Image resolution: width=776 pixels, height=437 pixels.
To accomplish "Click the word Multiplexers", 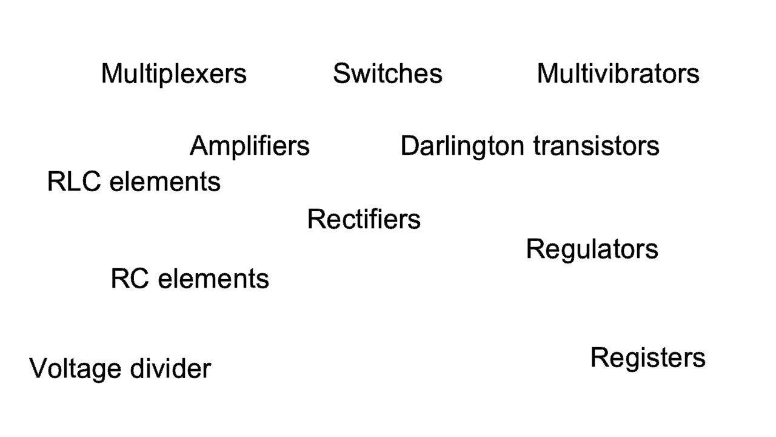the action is [174, 74].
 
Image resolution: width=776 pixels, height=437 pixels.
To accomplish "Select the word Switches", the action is [387, 73].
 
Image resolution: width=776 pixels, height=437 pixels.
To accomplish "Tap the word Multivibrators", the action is [618, 73].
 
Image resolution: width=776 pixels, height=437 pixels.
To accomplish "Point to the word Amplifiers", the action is [250, 146].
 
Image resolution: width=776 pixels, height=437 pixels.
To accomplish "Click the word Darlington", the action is [462, 146].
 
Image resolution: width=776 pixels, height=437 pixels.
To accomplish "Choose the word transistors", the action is [597, 146].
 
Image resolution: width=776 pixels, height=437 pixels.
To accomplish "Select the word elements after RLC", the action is [165, 181].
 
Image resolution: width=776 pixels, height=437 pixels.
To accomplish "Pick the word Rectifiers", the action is [364, 219].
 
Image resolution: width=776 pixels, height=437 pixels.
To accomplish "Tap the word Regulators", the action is [592, 249].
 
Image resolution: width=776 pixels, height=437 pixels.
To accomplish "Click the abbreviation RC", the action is [130, 279].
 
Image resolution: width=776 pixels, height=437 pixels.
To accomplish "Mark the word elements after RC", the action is [213, 279].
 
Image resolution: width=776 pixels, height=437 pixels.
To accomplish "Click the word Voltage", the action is [75, 368].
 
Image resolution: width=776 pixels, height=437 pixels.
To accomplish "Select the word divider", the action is [170, 368].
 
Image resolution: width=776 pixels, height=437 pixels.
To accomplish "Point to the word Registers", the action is [648, 358].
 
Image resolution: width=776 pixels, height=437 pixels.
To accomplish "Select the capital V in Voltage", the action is [39, 368].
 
